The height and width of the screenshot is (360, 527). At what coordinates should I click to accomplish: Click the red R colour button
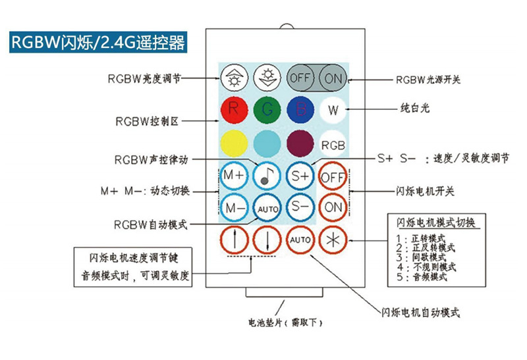click(235, 110)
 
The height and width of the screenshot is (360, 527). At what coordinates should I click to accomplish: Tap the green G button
click(267, 110)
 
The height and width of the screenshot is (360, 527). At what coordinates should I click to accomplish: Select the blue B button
click(300, 110)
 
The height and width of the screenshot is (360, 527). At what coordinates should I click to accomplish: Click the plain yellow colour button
click(235, 143)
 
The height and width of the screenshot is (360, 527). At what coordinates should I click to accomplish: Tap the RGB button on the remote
click(333, 145)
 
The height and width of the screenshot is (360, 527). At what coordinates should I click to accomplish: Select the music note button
click(267, 176)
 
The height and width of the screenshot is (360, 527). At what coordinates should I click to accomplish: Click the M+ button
click(235, 176)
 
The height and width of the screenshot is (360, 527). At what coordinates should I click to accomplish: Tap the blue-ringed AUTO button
click(267, 209)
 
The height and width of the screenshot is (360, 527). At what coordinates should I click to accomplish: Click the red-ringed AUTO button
click(300, 240)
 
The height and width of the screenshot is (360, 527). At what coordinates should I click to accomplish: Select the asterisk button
click(333, 240)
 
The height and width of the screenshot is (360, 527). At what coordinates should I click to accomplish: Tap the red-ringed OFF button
click(333, 177)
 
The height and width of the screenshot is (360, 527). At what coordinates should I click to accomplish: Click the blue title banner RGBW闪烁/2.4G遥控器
click(98, 42)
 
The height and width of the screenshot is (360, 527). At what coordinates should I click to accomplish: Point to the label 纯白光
click(415, 108)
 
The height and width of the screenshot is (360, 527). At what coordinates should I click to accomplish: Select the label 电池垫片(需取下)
click(285, 322)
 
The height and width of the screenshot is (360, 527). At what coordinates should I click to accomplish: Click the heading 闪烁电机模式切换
click(435, 222)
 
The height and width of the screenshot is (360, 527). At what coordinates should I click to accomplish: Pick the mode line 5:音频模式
click(422, 277)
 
